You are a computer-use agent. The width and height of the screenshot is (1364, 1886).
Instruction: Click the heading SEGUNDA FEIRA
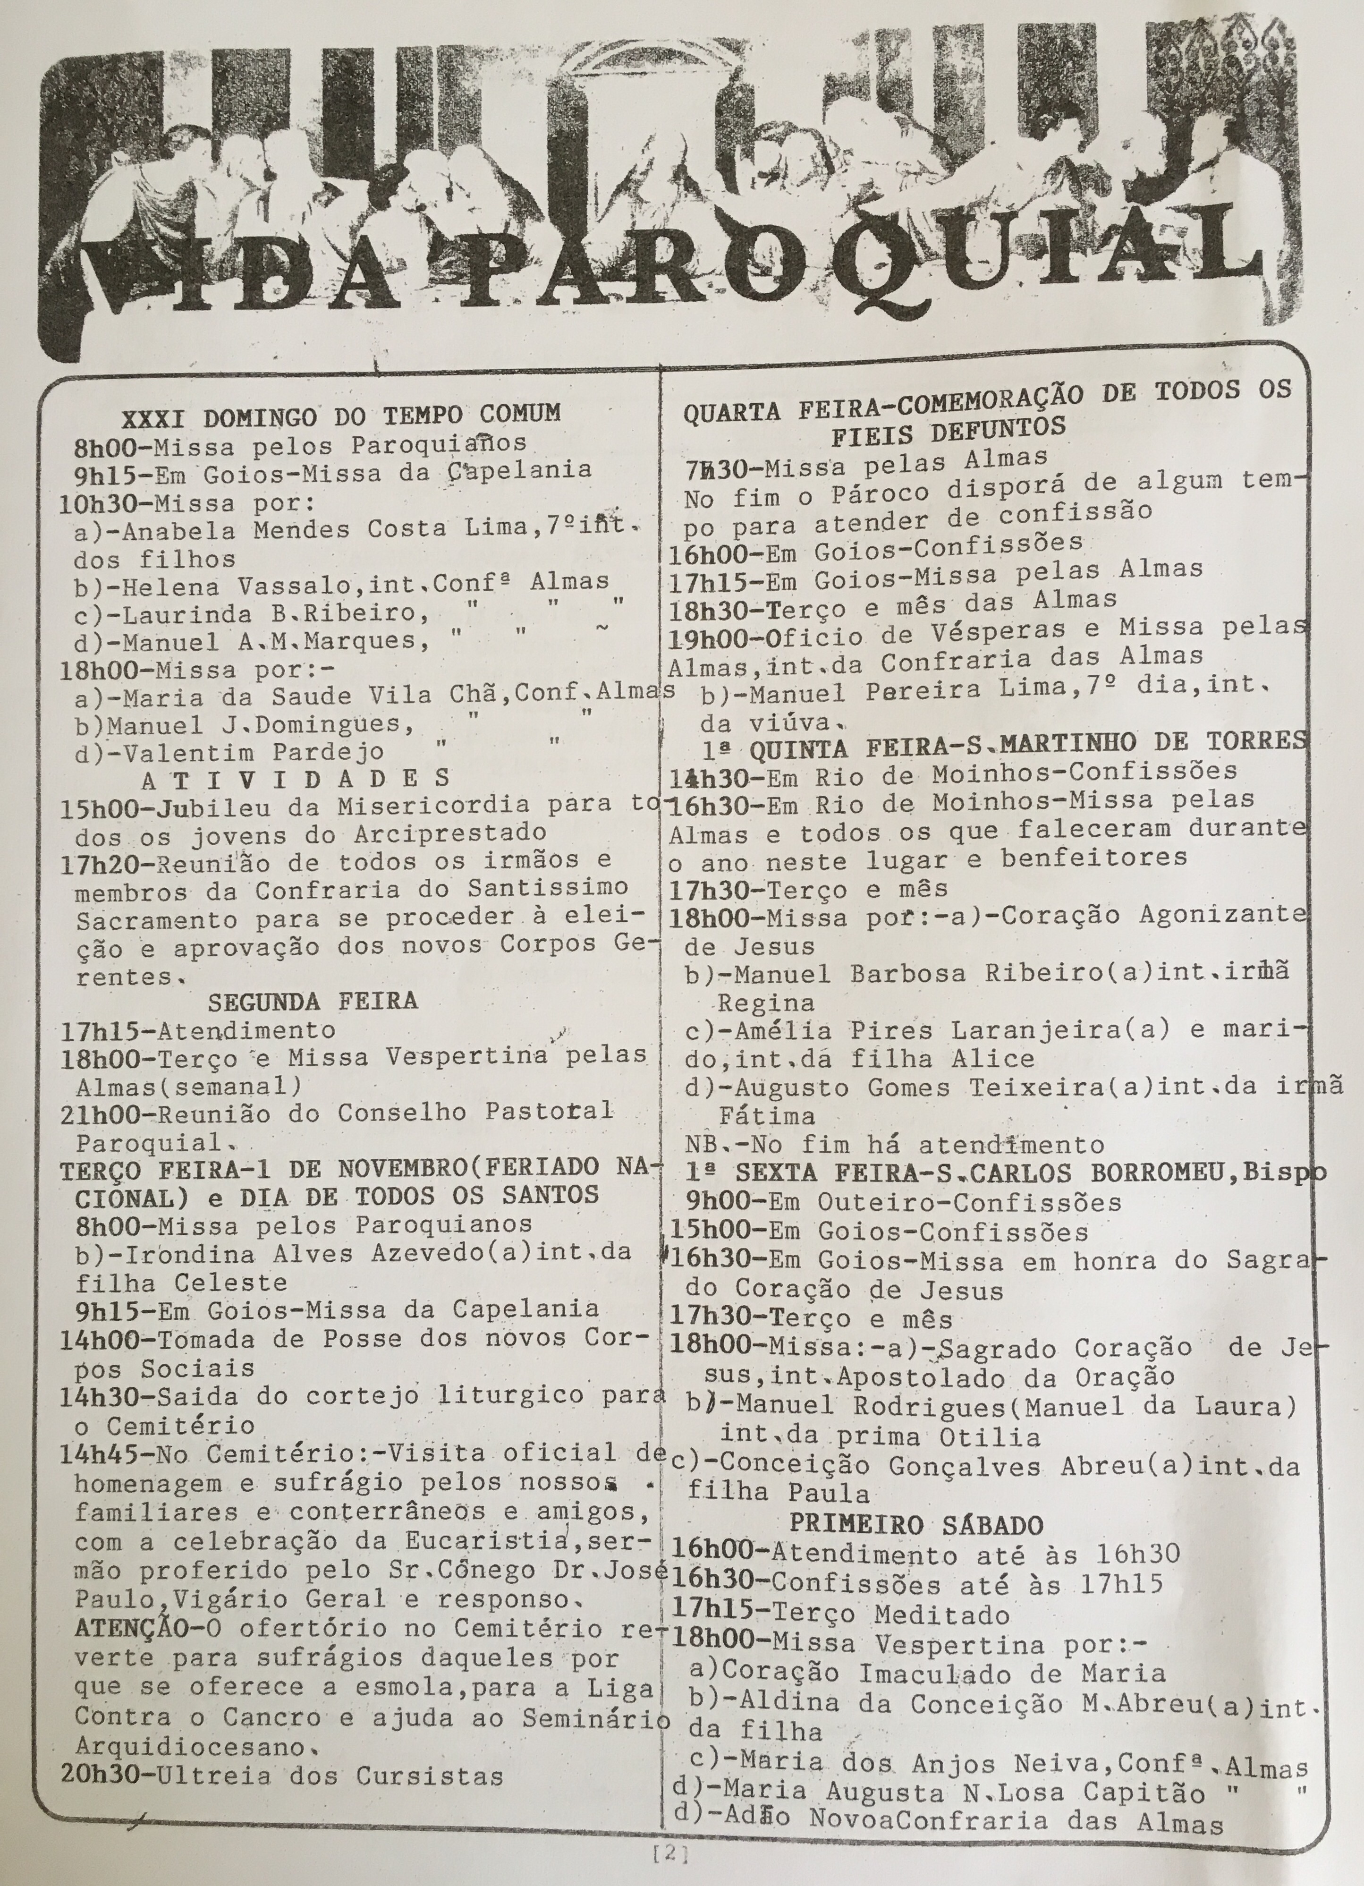(312, 1001)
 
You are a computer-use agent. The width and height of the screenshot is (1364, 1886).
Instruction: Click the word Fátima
(765, 1115)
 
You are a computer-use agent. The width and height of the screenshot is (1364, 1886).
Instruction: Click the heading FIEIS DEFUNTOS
(948, 431)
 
